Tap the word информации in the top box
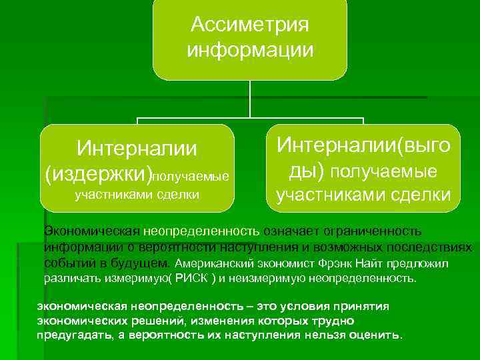pyautogui.click(x=250, y=49)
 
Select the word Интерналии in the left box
pyautogui.click(x=137, y=147)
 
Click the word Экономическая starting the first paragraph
pyautogui.click(x=91, y=231)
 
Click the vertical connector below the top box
pyautogui.click(x=250, y=100)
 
